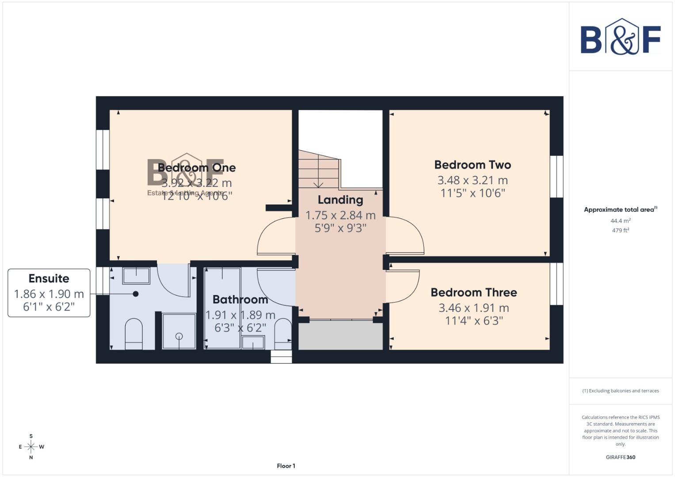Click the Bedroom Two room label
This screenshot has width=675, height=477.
tap(473, 165)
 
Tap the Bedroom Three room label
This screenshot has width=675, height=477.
tap(473, 293)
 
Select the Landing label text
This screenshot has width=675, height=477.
tap(340, 200)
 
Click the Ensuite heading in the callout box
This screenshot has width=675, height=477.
tap(49, 279)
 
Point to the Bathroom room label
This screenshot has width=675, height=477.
tap(240, 300)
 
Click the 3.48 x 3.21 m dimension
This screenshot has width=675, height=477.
tap(473, 180)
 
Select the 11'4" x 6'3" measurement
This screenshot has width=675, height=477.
tap(473, 321)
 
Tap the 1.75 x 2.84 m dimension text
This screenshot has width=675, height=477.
tap(340, 216)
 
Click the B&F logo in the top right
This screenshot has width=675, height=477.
tap(620, 37)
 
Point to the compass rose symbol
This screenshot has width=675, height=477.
tap(31, 447)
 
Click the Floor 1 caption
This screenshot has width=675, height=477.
tap(286, 466)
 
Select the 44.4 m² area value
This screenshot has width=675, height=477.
tap(620, 221)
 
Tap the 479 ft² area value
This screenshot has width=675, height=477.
tap(620, 231)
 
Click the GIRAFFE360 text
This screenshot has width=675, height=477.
tap(620, 458)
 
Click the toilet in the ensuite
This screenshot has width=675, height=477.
tap(133, 334)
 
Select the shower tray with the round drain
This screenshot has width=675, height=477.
tap(179, 331)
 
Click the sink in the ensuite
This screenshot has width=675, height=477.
tap(136, 276)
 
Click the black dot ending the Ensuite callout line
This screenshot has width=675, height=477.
tap(136, 294)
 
